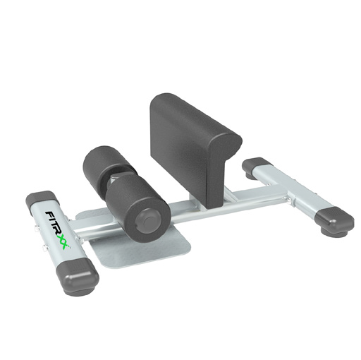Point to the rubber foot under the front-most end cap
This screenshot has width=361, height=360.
coord(75,292)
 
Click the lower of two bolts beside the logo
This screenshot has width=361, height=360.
coord(44,246)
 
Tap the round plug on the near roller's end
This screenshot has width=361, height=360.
coord(148,222)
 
